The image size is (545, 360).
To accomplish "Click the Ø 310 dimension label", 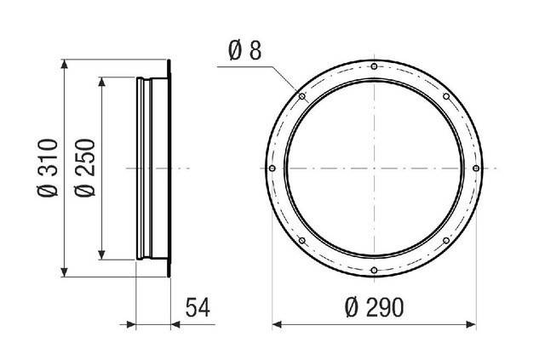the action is pos(48,169).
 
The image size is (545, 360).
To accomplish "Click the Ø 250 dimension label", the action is pos(85,169).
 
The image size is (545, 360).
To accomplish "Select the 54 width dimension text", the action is pos(198,307).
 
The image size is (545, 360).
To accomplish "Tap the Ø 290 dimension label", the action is pos(375,307).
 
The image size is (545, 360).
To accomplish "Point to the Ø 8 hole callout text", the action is pos(244,51).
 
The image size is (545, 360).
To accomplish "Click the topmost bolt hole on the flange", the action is pos(374,66).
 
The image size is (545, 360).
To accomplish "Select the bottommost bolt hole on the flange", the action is pos(374,270).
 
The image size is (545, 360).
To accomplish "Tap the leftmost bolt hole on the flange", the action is pos(272,169).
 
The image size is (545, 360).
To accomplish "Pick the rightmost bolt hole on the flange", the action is pos(476,169).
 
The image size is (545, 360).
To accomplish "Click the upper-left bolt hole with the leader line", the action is pos(302,96).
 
